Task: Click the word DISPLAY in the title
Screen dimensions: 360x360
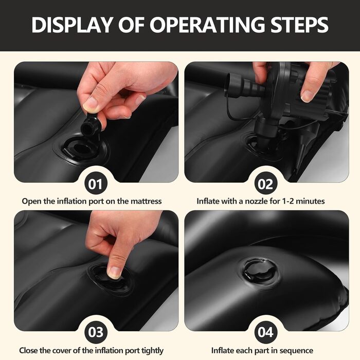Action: coord(71,24)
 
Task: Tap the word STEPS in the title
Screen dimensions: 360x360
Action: coord(299,24)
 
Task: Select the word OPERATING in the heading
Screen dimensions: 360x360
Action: coord(207,24)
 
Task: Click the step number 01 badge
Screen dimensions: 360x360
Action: coord(96,184)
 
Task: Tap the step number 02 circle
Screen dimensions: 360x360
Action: coord(266,184)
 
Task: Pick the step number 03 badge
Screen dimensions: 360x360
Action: coord(96,332)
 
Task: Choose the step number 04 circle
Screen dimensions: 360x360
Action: coord(266,332)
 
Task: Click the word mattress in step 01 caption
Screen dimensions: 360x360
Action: coord(146,202)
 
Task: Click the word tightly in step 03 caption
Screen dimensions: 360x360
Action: coord(152,351)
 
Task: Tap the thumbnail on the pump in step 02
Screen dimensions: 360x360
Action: coord(307,96)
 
